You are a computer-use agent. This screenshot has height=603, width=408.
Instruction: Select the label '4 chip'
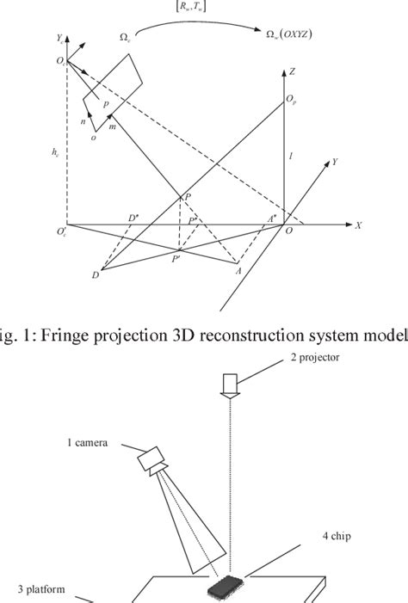(337, 535)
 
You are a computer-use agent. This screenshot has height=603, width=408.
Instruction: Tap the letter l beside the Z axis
(292, 157)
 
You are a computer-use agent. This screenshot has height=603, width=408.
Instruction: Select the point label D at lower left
(95, 275)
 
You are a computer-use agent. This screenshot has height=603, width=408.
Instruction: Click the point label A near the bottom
(238, 270)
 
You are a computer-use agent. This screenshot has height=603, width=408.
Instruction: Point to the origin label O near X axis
(289, 231)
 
